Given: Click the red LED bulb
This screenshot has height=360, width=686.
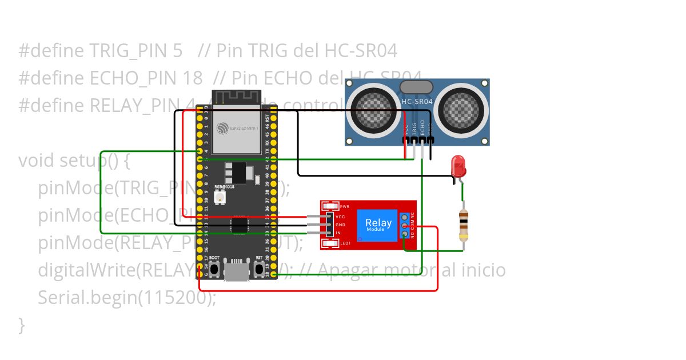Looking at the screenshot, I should tap(458, 166).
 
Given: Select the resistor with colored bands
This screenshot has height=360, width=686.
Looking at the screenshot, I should tap(464, 224).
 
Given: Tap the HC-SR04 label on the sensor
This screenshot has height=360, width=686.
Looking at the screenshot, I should tap(417, 102).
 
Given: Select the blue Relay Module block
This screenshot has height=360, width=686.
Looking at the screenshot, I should tap(377, 225).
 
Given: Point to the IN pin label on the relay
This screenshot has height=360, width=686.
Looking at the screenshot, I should tap(338, 233).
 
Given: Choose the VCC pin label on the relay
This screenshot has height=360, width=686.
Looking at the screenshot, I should tap(340, 217).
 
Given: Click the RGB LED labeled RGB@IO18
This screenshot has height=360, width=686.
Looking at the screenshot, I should tap(219, 197).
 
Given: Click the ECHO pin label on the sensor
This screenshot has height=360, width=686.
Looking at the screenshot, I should tap(422, 126).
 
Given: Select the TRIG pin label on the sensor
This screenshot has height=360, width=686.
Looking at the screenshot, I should tap(414, 127).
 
